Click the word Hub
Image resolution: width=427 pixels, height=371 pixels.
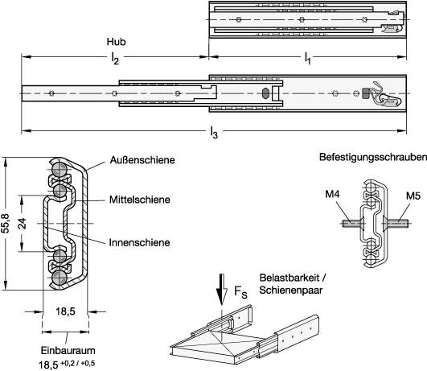pyautogui.click(x=116, y=42)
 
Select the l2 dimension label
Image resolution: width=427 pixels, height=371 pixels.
pyautogui.click(x=116, y=59)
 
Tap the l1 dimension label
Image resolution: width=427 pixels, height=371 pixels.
pyautogui.click(x=307, y=59)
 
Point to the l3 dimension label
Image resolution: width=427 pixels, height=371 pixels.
pyautogui.click(x=214, y=133)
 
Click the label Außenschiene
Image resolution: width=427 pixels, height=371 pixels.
pyautogui.click(x=142, y=160)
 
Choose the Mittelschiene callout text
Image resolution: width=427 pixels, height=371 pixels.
pyautogui.click(x=140, y=200)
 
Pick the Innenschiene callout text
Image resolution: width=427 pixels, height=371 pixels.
pyautogui.click(x=139, y=242)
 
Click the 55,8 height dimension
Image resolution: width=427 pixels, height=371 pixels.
pyautogui.click(x=6, y=224)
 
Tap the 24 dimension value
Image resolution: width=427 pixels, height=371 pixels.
pyautogui.click(x=23, y=224)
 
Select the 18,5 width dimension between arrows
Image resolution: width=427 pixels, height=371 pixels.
pyautogui.click(x=65, y=311)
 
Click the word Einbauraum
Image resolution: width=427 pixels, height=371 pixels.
pyautogui.click(x=68, y=351)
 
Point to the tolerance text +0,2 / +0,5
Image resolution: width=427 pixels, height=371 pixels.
pyautogui.click(x=78, y=363)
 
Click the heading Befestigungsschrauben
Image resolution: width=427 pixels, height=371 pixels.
pyautogui.click(x=373, y=157)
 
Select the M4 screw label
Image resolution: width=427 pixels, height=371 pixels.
pyautogui.click(x=332, y=195)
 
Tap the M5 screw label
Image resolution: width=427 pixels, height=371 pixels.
pyautogui.click(x=413, y=196)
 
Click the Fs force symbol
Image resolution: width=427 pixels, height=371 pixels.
pyautogui.click(x=240, y=292)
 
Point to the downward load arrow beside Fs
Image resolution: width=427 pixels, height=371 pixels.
pyautogui.click(x=222, y=289)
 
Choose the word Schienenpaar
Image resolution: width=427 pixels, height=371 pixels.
pyautogui.click(x=290, y=290)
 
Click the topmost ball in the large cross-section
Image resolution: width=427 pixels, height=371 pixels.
pyautogui.click(x=60, y=170)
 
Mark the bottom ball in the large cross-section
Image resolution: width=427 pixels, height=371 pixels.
pyautogui.click(x=60, y=278)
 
